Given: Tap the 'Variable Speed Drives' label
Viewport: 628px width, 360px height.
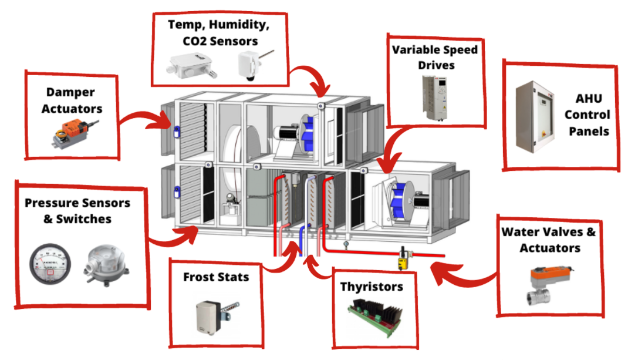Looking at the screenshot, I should pos(435,57).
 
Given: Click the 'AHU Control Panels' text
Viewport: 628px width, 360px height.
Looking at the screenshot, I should pos(589,115).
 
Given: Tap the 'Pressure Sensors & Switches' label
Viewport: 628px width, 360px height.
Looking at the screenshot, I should pos(77,211).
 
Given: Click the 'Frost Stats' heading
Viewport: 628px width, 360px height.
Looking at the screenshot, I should pos(216,277).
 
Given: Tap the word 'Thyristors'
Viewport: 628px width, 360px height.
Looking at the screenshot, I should pos(372,287).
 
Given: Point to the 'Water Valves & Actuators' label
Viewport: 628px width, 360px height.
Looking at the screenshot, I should pos(548,239).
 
